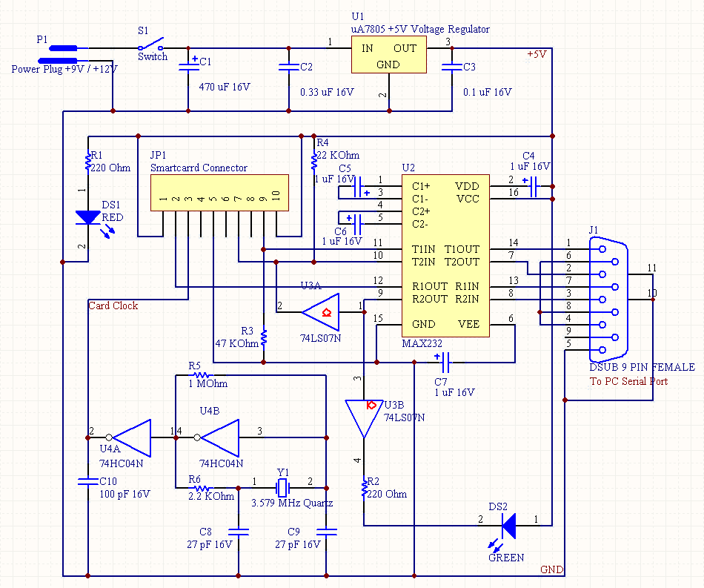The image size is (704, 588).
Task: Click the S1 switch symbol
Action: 151,44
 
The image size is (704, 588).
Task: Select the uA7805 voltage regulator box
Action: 389,55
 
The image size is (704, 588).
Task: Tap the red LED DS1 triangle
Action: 88,217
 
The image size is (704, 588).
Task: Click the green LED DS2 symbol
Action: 508,526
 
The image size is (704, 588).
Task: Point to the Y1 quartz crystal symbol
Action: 282,488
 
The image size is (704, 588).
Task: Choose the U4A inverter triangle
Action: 132,437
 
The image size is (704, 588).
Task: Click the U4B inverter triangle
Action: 220,437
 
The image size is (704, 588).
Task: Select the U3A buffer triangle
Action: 321,312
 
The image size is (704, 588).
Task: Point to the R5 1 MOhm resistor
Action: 201,375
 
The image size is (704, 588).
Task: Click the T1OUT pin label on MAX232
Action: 462,249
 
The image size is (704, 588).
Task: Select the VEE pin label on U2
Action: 468,324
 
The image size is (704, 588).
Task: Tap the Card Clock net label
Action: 113,306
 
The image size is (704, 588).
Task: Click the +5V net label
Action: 537,54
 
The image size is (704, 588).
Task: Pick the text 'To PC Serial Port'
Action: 628,381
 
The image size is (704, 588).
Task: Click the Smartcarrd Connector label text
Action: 199,168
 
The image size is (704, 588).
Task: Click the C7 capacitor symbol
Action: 444,362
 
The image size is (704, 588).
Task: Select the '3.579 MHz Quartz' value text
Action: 292,503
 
